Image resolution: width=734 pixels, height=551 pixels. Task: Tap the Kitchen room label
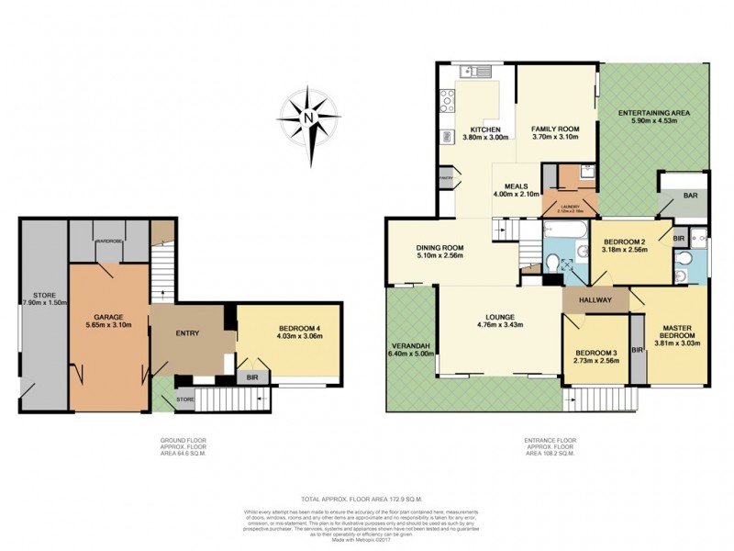(x=484, y=129)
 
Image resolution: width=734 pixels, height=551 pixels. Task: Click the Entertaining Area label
(x=654, y=113)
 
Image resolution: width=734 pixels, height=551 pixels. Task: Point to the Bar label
(x=689, y=195)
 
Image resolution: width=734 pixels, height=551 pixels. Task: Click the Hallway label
(x=595, y=299)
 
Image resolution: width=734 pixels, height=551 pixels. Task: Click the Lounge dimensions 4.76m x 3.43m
(x=499, y=325)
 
